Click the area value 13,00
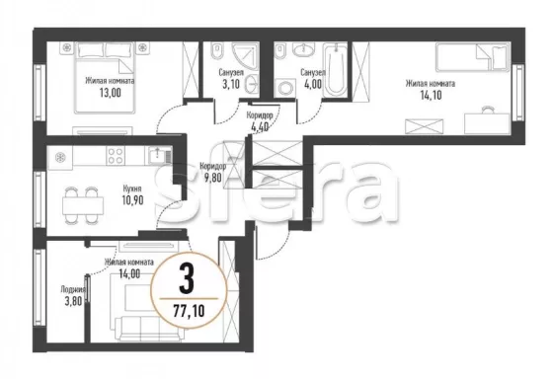110,93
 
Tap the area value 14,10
431,95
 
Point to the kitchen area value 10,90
132,200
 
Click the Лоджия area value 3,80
73,301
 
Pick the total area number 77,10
189,311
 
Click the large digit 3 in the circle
187,279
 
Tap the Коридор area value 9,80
213,178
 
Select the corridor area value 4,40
259,126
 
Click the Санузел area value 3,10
231,85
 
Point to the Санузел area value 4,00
312,85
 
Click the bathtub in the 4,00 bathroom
336,69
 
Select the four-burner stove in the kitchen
116,156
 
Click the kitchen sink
157,155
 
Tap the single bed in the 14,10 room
473,57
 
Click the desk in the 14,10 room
487,123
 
